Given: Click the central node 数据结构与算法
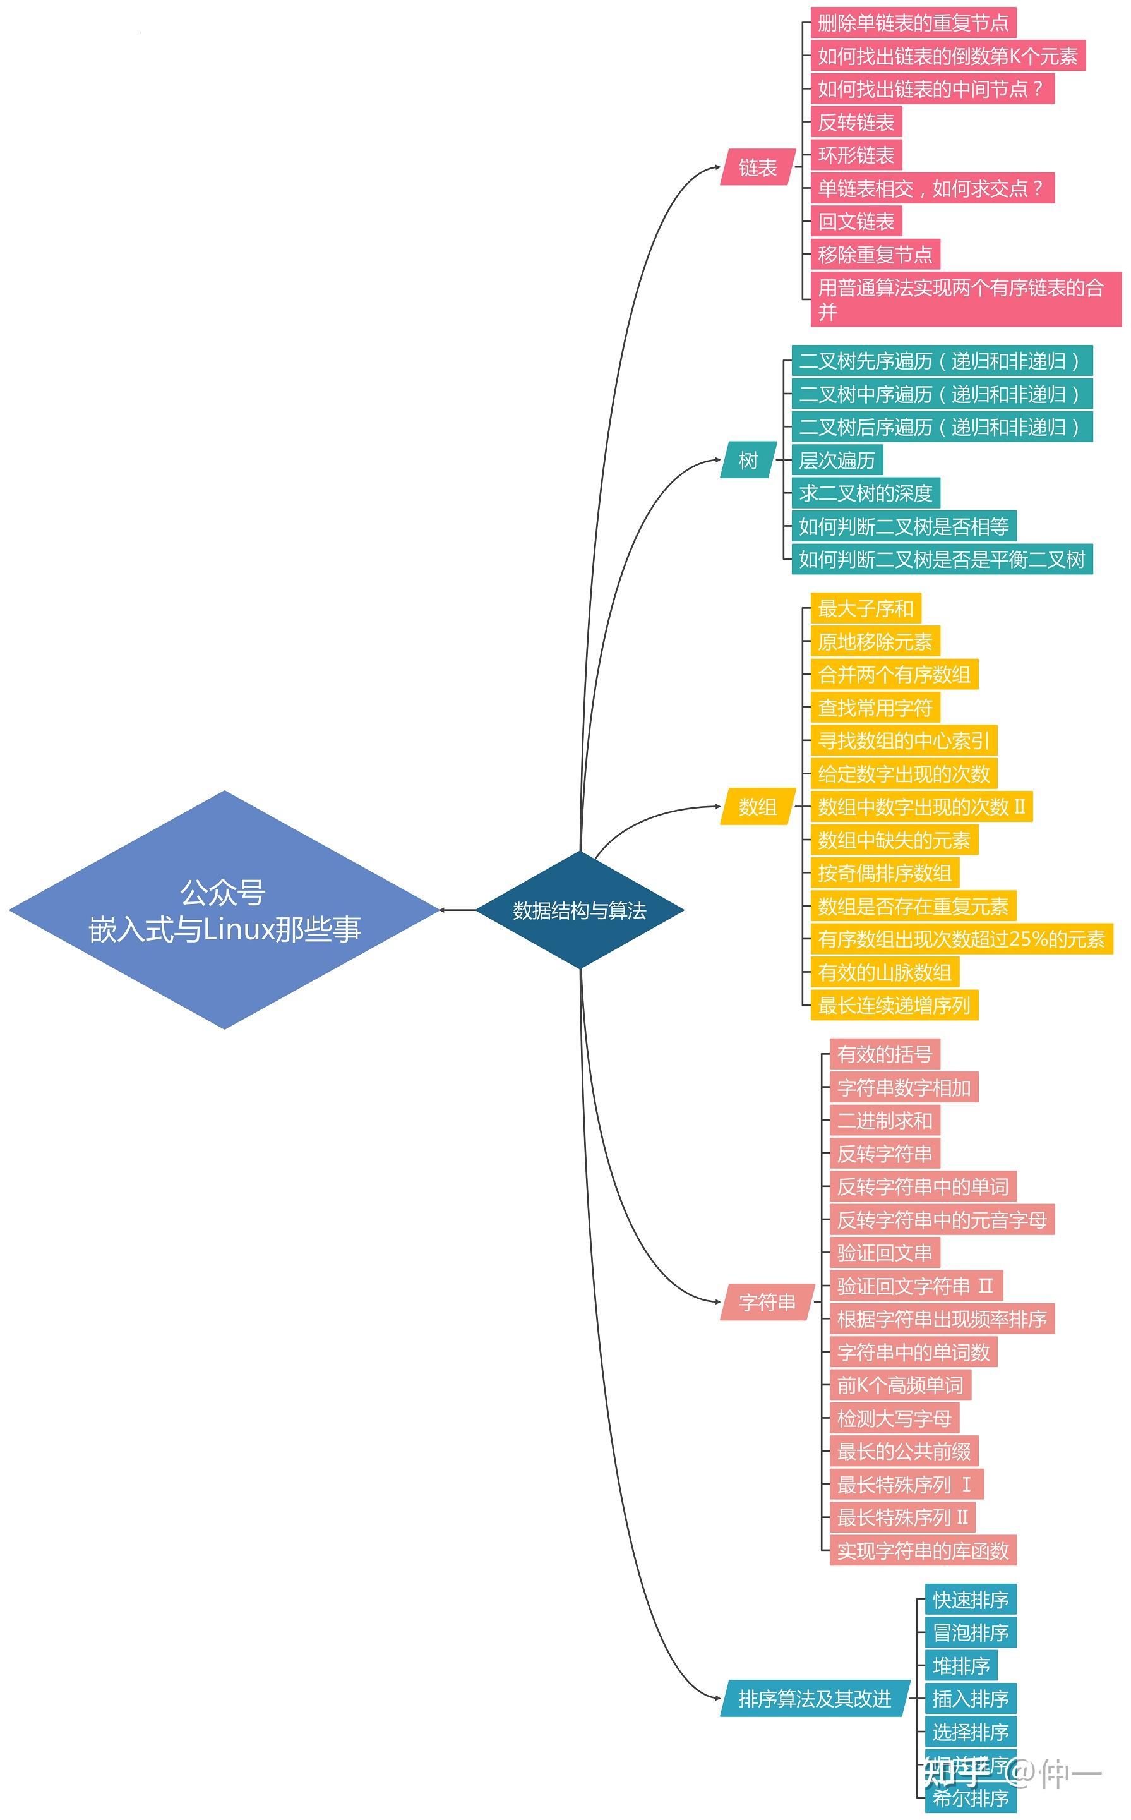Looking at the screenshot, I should click(580, 910).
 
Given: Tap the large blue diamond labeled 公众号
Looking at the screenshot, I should click(224, 910).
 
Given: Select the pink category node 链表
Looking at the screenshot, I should click(757, 167).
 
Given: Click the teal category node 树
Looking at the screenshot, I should click(748, 460).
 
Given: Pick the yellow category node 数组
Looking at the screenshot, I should click(757, 806).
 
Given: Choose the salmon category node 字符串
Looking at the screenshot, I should click(767, 1303).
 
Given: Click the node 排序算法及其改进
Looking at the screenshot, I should click(815, 1699).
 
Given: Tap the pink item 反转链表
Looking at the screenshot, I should click(856, 122).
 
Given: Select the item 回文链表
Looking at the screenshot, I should click(856, 222).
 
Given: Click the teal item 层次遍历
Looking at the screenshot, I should click(837, 460).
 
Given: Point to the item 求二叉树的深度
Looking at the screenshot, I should click(865, 493).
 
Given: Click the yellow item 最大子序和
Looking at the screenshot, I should click(865, 608).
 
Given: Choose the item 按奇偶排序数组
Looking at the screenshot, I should click(884, 873).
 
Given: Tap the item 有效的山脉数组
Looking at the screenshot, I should click(884, 972).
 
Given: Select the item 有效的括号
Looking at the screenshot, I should click(884, 1054).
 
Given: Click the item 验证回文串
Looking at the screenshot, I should click(884, 1253).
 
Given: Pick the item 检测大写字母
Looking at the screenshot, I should click(894, 1418).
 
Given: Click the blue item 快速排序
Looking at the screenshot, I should click(970, 1600).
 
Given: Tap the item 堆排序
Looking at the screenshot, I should click(960, 1666).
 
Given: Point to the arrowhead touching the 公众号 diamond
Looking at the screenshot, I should click(443, 910).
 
